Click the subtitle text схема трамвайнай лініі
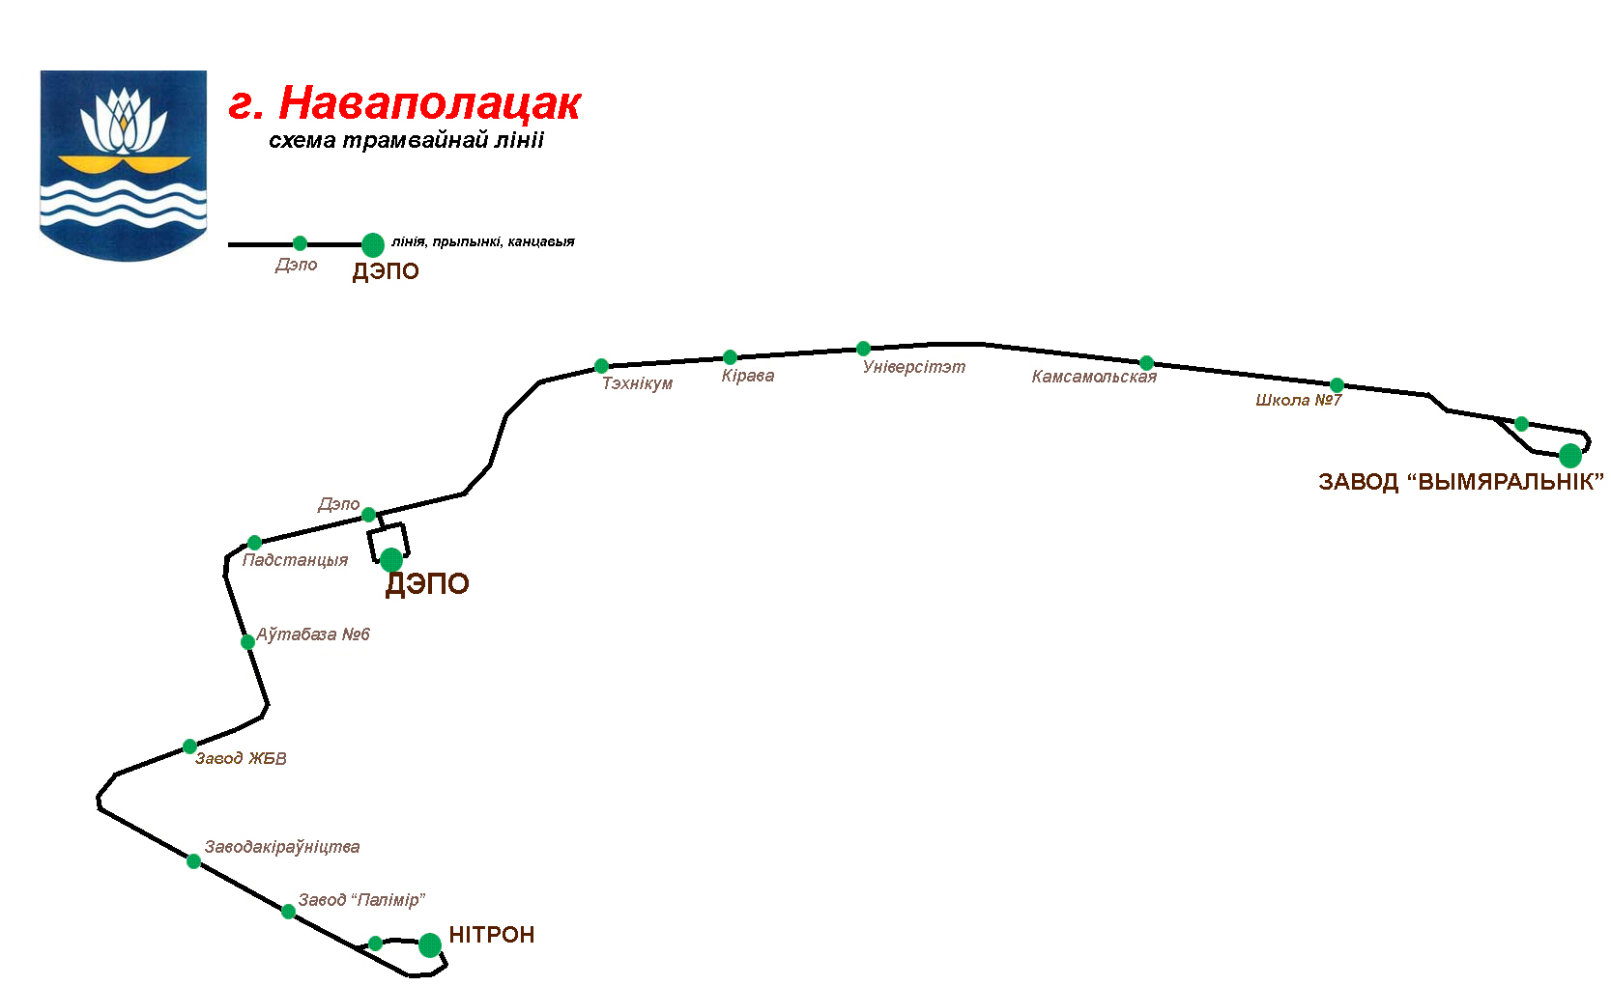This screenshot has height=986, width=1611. click(x=406, y=141)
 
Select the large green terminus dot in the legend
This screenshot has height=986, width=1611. click(x=372, y=244)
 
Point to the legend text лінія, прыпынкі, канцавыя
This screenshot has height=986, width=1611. click(x=483, y=241)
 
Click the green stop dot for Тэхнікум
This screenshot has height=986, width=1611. click(x=601, y=366)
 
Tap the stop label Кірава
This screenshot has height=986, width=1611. click(x=747, y=376)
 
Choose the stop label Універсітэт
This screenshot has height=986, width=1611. click(x=913, y=367)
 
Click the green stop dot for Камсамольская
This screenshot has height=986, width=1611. click(x=1146, y=363)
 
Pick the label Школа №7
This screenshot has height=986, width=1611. click(x=1298, y=400)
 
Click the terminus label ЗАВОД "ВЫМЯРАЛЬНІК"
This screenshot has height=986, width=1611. click(x=1460, y=482)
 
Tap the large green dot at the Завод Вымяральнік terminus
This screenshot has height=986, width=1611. click(x=1570, y=455)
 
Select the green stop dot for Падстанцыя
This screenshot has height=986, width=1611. click(x=254, y=543)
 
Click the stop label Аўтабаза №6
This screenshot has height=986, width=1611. click(x=313, y=634)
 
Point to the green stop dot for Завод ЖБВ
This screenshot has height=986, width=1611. click(x=190, y=747)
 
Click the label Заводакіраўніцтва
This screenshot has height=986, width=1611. click(x=281, y=847)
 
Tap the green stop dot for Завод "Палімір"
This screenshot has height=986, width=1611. click(x=288, y=911)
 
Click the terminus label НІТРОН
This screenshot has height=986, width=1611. click(x=491, y=935)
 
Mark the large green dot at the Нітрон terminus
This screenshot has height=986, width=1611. click(x=430, y=944)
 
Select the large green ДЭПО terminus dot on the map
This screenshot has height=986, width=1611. click(x=391, y=559)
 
